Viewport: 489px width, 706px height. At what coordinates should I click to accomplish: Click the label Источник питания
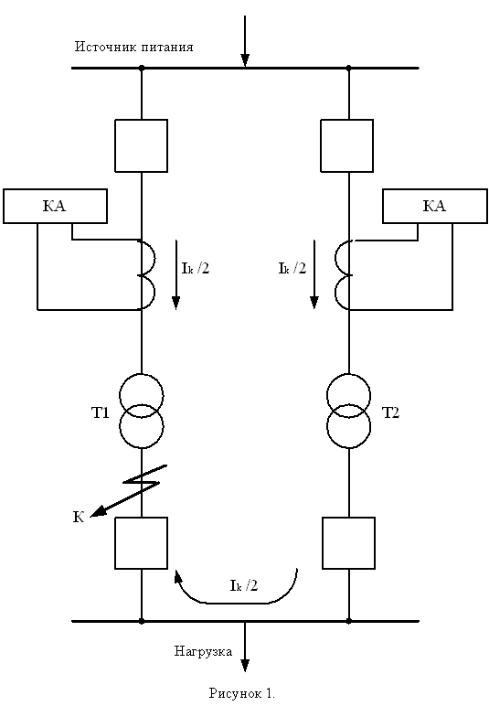(x=133, y=47)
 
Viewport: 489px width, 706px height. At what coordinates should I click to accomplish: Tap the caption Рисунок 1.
(x=242, y=693)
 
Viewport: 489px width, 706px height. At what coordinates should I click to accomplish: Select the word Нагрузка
(x=203, y=651)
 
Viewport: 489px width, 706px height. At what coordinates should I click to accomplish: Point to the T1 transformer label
(x=101, y=412)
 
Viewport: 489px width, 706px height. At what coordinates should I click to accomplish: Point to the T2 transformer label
(x=390, y=412)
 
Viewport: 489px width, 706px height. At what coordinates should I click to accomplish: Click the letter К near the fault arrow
(x=79, y=517)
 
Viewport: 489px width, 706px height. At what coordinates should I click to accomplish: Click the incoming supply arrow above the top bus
(x=245, y=40)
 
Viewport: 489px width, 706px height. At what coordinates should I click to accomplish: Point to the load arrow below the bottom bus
(x=245, y=647)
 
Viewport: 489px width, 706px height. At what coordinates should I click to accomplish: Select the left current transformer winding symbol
(x=148, y=274)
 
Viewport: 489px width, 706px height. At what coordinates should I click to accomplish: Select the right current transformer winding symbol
(x=342, y=274)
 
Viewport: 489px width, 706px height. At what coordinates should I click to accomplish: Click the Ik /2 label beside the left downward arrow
(x=196, y=268)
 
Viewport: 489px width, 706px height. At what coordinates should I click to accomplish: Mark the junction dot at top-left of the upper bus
(x=142, y=68)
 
